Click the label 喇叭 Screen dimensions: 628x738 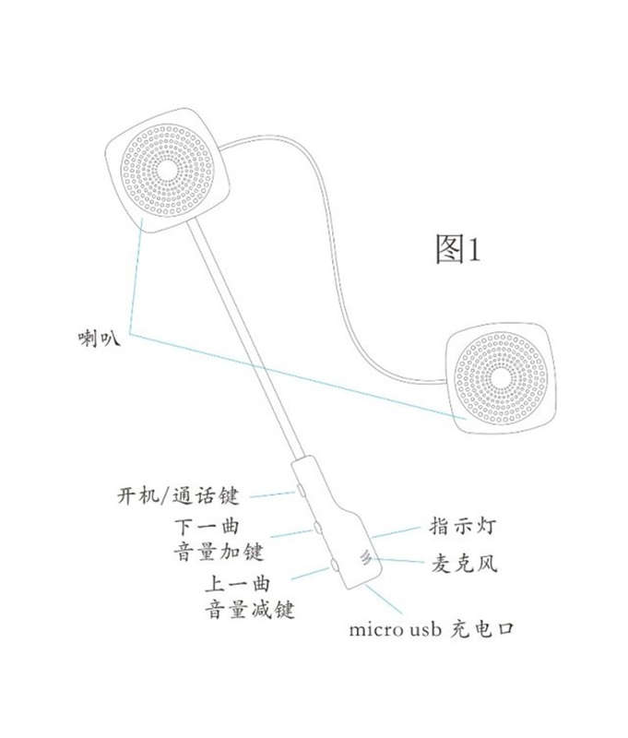point(100,339)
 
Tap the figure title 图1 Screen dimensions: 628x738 point(457,249)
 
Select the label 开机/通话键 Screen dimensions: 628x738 point(178,496)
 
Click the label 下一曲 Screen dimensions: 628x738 point(207,527)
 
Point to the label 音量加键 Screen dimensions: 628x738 point(219,552)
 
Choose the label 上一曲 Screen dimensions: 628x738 point(238,584)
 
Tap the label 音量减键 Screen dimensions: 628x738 point(250,610)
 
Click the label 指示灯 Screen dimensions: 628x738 point(462,526)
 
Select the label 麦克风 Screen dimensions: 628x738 point(464,564)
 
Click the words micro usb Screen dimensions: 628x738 point(395,630)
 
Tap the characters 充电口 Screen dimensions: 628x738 point(481,629)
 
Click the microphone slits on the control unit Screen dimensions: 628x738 point(365,558)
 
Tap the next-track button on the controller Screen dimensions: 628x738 point(318,527)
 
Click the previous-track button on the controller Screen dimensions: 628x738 point(336,565)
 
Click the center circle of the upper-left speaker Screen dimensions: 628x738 point(167,170)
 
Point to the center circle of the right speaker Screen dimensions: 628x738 point(501,377)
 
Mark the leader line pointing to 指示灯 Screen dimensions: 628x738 point(395,532)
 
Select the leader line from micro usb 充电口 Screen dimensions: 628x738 point(384,599)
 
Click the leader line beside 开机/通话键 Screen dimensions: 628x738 point(273,494)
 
